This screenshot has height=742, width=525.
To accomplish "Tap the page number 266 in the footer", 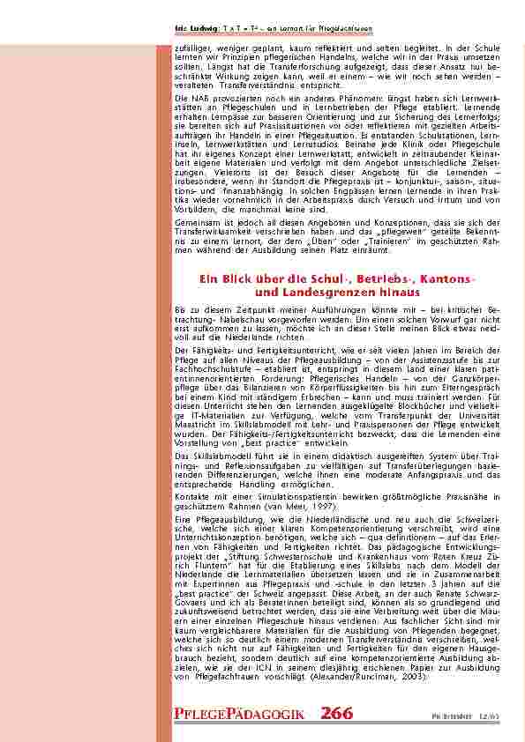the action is click(x=337, y=711).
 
